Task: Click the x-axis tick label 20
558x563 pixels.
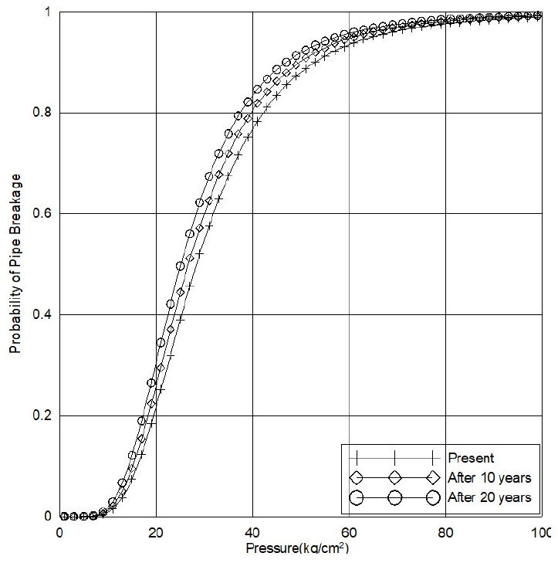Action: pos(156,533)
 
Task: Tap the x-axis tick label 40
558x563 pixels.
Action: pos(252,533)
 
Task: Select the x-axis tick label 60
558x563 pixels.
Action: pos(349,533)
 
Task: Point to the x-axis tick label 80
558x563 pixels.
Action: pos(445,533)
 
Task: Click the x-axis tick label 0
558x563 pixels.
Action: pos(59,533)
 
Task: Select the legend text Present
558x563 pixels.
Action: pos(470,457)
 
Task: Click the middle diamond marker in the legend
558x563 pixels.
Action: pos(394,477)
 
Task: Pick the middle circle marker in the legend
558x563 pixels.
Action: pos(394,497)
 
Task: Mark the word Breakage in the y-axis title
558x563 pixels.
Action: pos(15,203)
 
